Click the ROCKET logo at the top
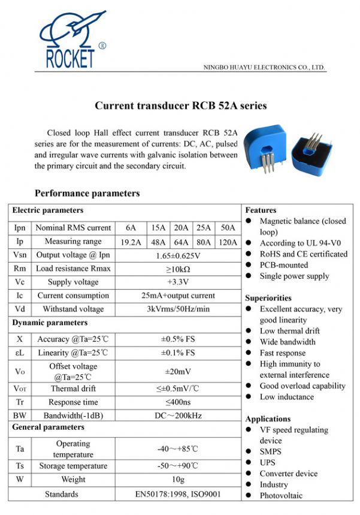[70, 40]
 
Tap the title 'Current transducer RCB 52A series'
[180, 106]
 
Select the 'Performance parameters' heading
[87, 193]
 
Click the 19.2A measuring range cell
[131, 242]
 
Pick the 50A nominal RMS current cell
[228, 228]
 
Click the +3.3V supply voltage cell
[178, 282]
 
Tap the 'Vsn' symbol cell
[20, 255]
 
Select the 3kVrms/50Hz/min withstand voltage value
[178, 309]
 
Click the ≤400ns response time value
[178, 402]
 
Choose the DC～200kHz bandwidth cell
[178, 415]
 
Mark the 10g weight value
[178, 480]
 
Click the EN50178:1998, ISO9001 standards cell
[178, 494]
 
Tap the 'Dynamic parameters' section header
[49, 323]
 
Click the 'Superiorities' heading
[268, 297]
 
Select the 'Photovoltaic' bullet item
[281, 495]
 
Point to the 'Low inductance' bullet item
[286, 397]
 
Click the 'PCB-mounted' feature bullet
[283, 265]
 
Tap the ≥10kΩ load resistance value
[178, 269]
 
